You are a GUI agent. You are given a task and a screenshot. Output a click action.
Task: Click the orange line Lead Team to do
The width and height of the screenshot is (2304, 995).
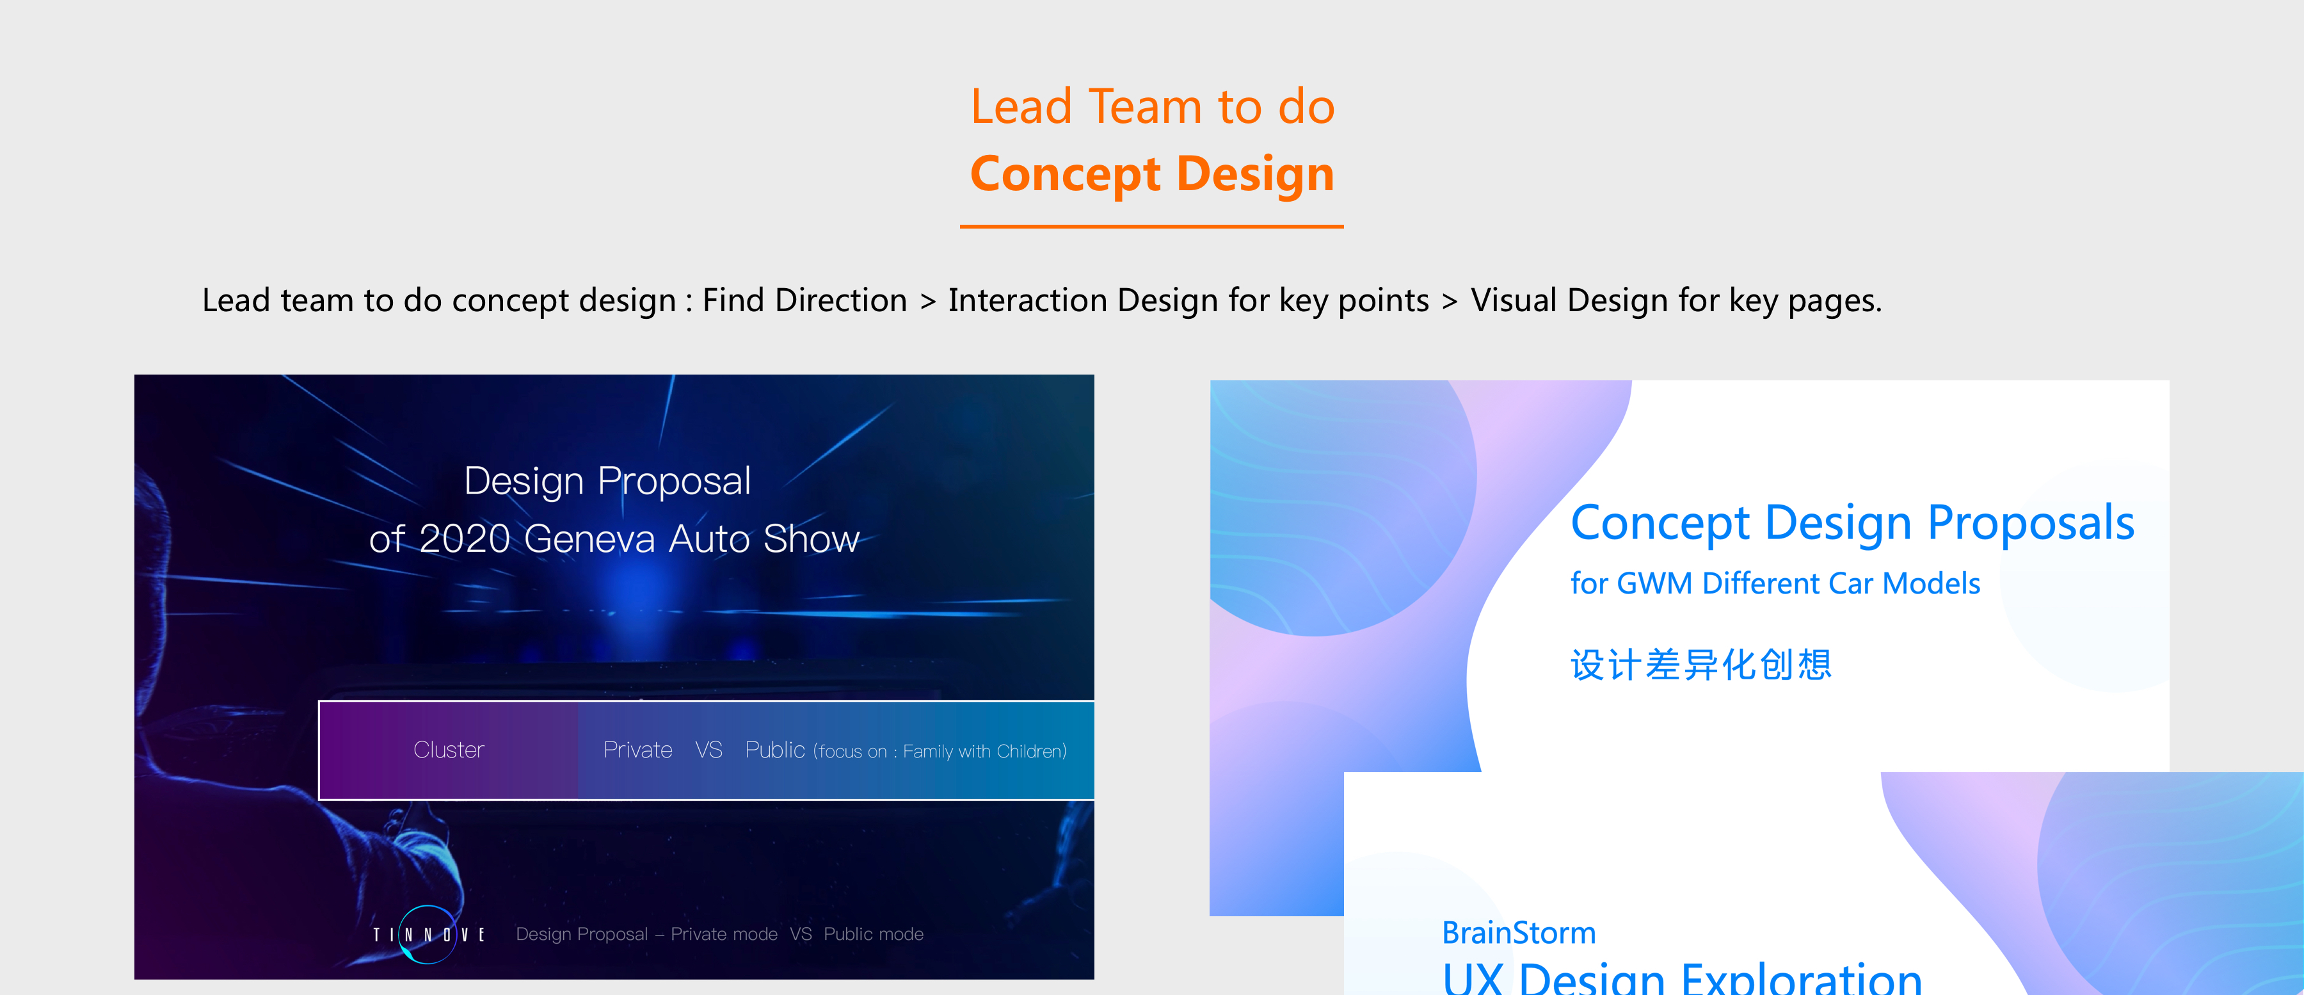click(x=1153, y=106)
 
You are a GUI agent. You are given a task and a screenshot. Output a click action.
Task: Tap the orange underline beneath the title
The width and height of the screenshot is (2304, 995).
click(x=1152, y=227)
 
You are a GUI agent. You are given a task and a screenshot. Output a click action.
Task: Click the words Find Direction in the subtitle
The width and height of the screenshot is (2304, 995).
click(x=805, y=301)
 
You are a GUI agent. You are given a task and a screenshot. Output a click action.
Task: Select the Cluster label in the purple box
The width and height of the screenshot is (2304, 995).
click(x=449, y=750)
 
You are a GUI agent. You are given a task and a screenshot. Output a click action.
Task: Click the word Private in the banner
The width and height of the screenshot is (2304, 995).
click(x=637, y=750)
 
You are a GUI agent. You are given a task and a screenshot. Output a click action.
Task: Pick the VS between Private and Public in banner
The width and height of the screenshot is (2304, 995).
click(x=709, y=750)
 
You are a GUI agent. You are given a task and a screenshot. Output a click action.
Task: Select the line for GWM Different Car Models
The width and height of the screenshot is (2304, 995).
click(x=1775, y=583)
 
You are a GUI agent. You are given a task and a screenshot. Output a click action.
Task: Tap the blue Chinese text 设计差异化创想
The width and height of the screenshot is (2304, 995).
click(x=1701, y=665)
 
